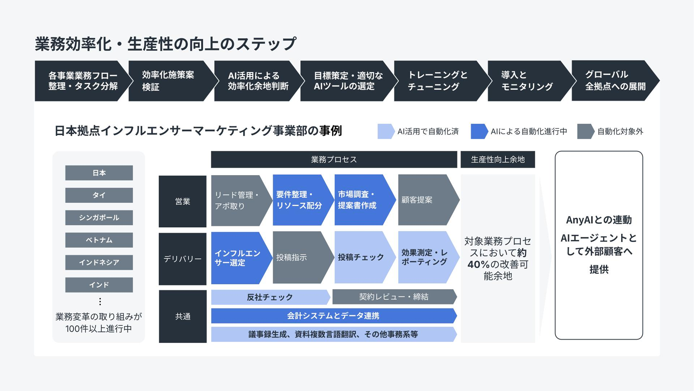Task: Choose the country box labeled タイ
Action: (99, 195)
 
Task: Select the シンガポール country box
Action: (99, 218)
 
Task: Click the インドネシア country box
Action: (99, 263)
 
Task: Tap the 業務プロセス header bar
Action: (334, 160)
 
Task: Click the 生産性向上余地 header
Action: (498, 160)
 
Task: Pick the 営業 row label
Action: (182, 201)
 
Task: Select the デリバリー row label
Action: (182, 259)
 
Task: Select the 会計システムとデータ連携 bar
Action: (333, 316)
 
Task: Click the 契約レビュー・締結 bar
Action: (394, 297)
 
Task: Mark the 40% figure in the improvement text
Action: (479, 264)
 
